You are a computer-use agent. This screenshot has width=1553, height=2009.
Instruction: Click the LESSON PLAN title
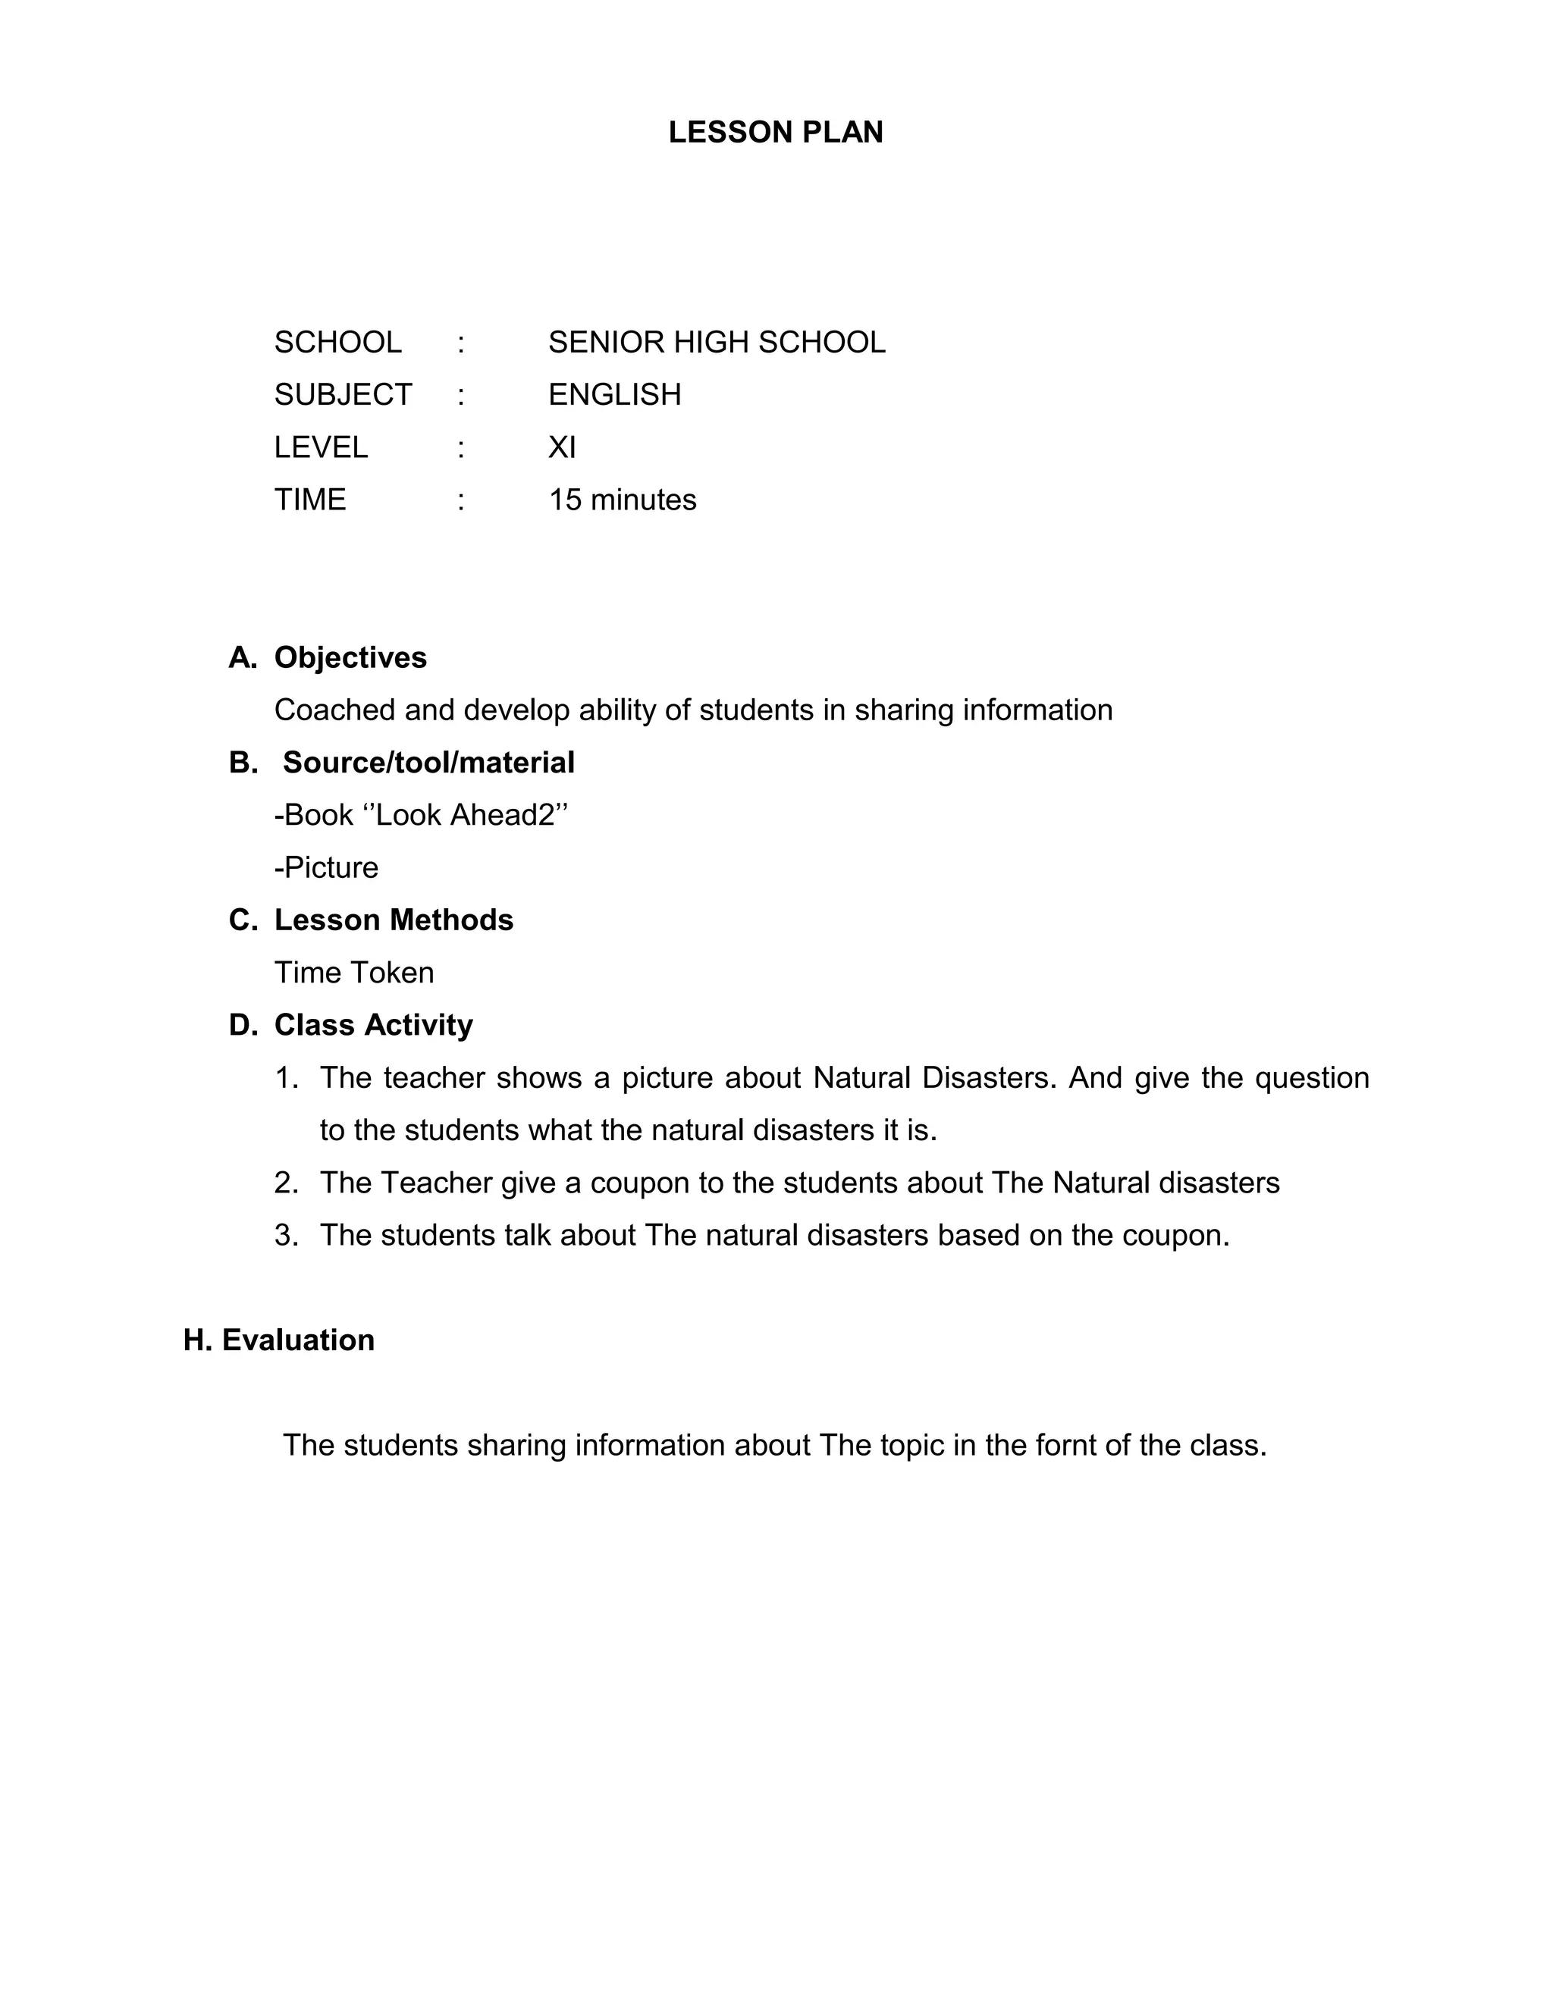tap(776, 133)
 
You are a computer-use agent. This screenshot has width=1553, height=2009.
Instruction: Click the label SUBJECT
tap(344, 395)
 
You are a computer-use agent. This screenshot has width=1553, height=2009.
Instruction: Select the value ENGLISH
tap(614, 395)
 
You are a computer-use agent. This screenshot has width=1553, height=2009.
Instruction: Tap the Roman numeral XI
tap(562, 447)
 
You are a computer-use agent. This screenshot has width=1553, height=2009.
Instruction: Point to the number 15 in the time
tap(565, 500)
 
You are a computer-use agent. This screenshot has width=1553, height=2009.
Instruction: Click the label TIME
tap(310, 500)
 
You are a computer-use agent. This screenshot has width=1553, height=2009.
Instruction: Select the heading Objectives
tap(350, 658)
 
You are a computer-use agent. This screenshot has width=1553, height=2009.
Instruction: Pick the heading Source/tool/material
tap(428, 763)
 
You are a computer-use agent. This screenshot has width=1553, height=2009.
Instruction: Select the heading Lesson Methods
tap(394, 920)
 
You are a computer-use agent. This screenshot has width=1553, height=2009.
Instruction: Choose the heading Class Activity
tap(374, 1025)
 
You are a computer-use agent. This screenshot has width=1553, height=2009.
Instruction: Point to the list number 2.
tap(285, 1183)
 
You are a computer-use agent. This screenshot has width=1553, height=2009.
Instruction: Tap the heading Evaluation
tap(298, 1340)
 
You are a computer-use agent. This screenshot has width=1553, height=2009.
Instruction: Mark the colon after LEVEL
tap(461, 447)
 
